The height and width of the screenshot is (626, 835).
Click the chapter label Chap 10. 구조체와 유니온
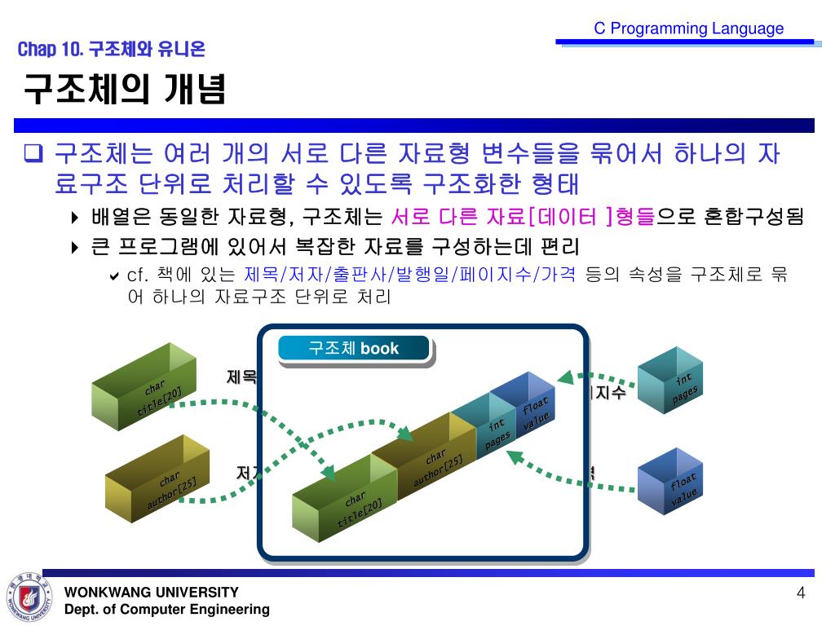pos(111,50)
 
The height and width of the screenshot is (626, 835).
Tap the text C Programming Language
pos(688,29)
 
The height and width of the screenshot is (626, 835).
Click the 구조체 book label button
pos(353,349)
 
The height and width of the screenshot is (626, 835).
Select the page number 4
pos(801,593)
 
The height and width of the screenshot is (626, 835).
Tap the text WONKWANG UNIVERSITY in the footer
pos(152,593)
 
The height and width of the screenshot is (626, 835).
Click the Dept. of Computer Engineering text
pos(166,610)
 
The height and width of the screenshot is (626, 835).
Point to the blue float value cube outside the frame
pos(670,483)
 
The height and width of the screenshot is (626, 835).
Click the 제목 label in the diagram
pos(241,377)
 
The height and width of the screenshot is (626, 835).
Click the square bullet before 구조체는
pos(34,152)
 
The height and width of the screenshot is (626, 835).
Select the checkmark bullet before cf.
pos(115,276)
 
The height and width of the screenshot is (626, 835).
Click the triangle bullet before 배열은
pos(76,218)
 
